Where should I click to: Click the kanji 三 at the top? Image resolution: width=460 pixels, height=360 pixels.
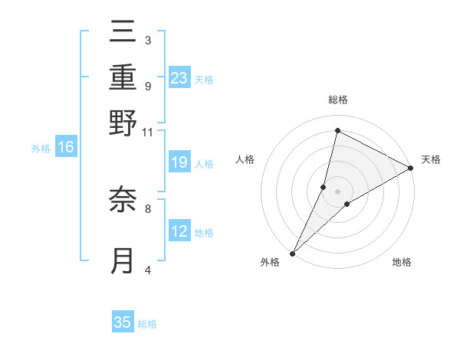pos(123,34)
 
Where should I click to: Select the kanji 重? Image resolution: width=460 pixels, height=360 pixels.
pos(123,78)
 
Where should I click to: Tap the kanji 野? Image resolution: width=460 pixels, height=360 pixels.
pos(123,123)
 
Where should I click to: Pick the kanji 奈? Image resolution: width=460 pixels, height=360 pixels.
pos(123,201)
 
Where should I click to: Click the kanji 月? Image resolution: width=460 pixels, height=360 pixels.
pos(123,260)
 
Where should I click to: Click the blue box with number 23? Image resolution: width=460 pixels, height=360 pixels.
pos(179,78)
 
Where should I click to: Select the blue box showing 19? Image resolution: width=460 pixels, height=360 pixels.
pos(179,162)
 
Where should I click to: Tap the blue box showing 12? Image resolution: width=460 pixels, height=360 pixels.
pos(179,231)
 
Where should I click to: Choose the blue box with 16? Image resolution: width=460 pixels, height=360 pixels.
pos(66,148)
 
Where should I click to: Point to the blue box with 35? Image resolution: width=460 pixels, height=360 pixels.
pos(123,322)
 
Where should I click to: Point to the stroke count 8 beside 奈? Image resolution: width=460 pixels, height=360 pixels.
pos(147,207)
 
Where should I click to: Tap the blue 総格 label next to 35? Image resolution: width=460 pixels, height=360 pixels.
pos(147,324)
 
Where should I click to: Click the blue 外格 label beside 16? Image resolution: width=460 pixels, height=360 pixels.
pos(41,149)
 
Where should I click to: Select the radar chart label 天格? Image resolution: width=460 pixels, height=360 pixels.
pos(431,159)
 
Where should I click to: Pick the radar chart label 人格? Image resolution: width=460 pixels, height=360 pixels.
pos(245,159)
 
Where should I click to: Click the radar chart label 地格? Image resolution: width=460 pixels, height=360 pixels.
pos(402,263)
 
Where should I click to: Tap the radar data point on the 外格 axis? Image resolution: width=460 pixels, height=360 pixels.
pos(292,254)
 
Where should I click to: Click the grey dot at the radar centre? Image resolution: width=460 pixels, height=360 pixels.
pos(337,191)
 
